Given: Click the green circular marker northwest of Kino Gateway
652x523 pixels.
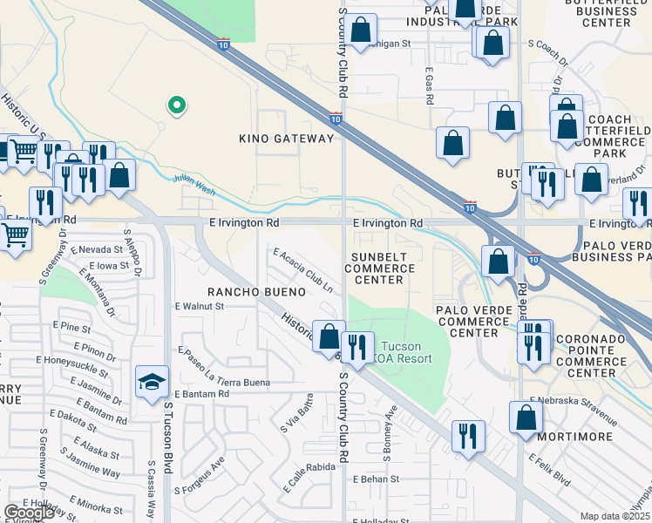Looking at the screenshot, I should click(176, 105).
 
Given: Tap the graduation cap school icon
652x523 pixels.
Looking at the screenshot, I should click(151, 384).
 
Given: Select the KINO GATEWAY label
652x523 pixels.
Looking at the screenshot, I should click(287, 139).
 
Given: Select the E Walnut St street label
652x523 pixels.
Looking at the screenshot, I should click(200, 306).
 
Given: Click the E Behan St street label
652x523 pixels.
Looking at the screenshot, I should click(376, 479).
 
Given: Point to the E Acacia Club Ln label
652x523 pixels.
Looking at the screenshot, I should click(303, 269).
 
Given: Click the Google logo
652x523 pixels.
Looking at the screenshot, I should click(30, 512).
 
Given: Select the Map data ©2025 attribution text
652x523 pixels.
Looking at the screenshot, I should click(615, 516).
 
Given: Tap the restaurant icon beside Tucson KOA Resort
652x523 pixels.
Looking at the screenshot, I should click(357, 348).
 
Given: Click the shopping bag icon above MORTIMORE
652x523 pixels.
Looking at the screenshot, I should click(527, 418).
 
